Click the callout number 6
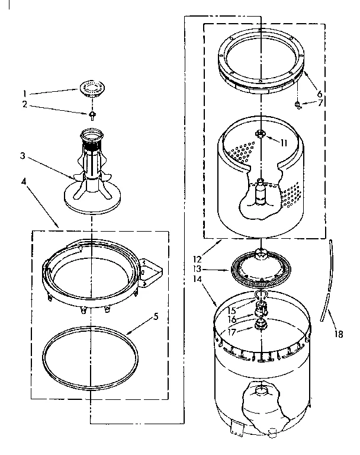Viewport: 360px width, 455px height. [319, 94]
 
